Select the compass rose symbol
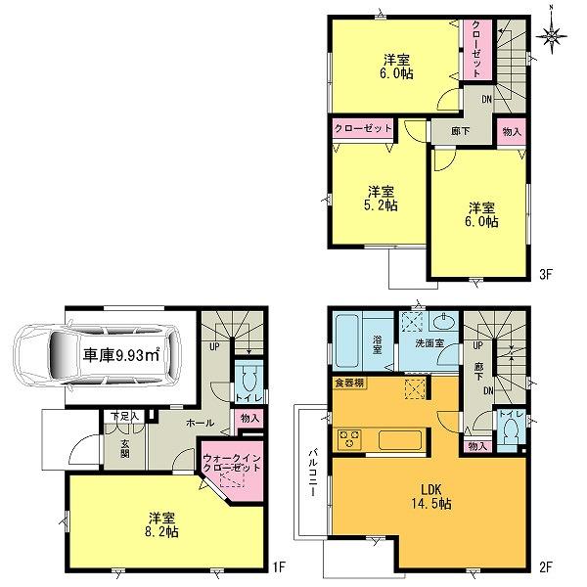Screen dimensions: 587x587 click(x=556, y=37)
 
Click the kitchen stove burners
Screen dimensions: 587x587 click(x=349, y=435)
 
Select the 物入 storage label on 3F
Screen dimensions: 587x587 click(x=510, y=131)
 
